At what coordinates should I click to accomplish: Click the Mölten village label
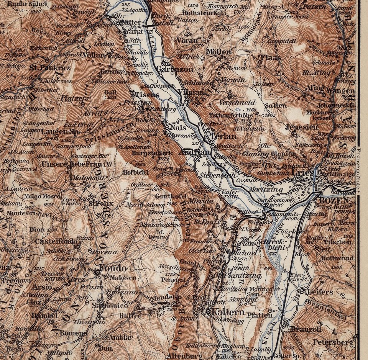tap(219, 52)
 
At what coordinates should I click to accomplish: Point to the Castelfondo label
tap(53, 241)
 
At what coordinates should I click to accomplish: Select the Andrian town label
tap(198, 152)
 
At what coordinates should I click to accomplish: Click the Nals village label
tap(177, 127)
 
